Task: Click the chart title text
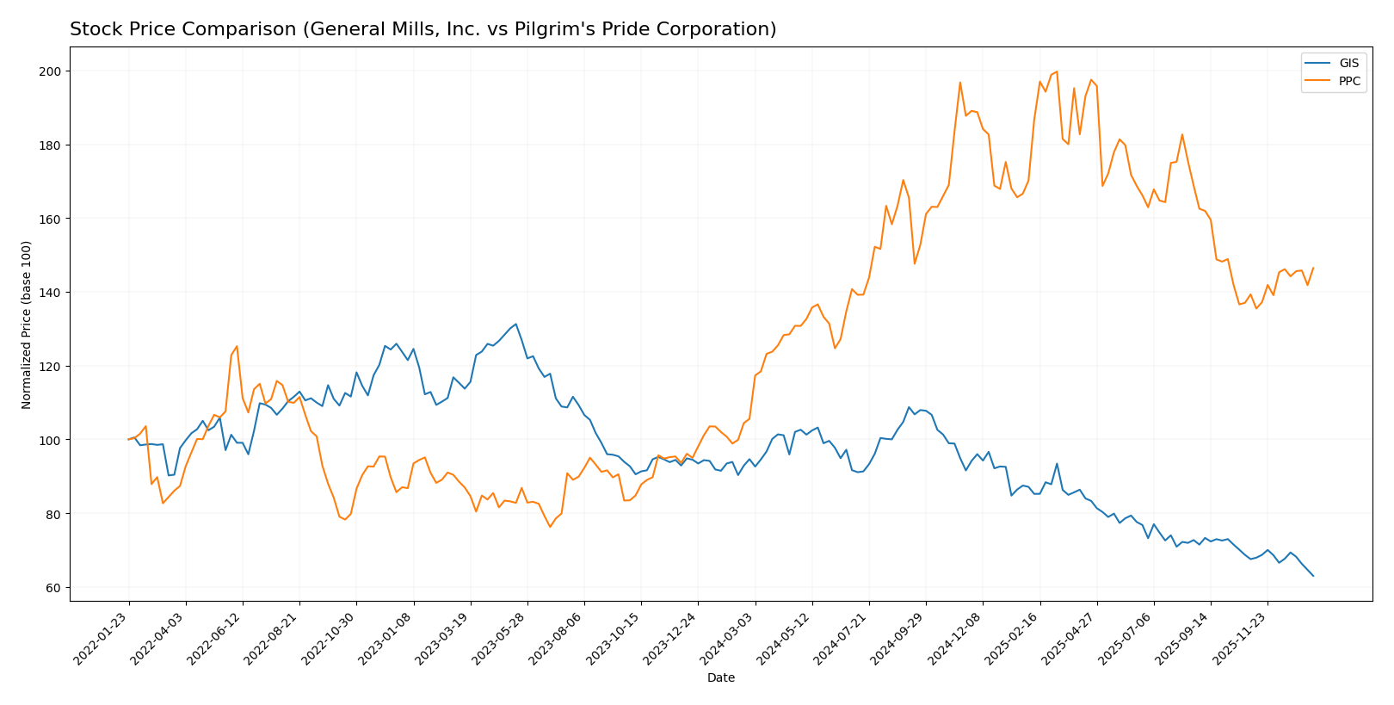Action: point(423,29)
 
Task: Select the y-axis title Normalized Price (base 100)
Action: point(27,325)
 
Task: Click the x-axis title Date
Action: point(720,678)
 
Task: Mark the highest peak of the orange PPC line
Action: point(1057,71)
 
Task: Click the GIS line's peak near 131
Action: point(515,325)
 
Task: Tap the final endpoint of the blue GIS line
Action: point(1313,576)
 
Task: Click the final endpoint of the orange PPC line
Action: point(1313,268)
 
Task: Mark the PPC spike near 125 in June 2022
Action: point(237,347)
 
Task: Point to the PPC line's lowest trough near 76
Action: point(550,527)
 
